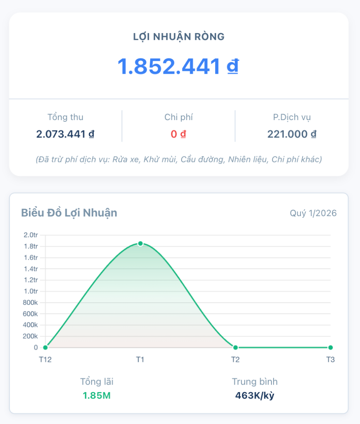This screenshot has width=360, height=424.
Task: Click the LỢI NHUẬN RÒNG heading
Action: (x=179, y=37)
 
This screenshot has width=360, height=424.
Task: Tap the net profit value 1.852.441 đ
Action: (x=178, y=66)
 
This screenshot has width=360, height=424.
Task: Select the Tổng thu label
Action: (x=65, y=117)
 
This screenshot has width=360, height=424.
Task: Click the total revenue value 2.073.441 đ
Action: (x=65, y=134)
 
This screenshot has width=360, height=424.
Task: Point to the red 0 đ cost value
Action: (x=178, y=134)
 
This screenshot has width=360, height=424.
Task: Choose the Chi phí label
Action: (x=178, y=117)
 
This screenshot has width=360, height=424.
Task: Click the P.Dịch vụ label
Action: (x=292, y=117)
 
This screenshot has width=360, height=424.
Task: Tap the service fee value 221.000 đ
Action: (x=292, y=134)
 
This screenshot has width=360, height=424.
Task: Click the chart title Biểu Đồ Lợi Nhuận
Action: (x=69, y=213)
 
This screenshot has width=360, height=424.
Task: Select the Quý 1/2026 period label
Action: (x=313, y=213)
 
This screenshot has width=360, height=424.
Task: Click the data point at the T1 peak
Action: (x=141, y=243)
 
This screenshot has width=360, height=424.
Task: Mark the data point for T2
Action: (x=235, y=347)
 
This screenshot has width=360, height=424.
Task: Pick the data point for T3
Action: (x=330, y=347)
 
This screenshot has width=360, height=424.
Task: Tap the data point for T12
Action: (x=46, y=347)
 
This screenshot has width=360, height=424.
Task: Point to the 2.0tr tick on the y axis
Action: (x=31, y=235)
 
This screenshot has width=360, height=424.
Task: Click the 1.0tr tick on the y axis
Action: (x=31, y=291)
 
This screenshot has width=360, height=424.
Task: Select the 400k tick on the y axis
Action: (x=30, y=325)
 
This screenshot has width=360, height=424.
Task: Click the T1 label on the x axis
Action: (x=140, y=359)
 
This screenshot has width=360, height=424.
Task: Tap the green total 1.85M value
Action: (x=96, y=395)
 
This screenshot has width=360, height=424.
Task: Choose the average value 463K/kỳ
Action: (x=254, y=395)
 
